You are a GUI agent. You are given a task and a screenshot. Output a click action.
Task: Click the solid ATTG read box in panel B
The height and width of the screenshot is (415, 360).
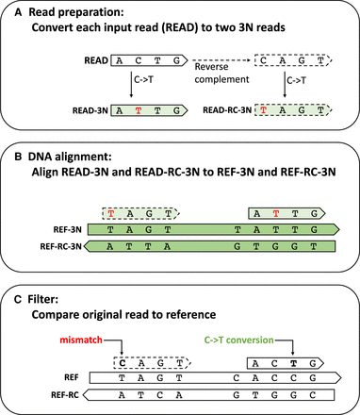pyautogui.click(x=283, y=213)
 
